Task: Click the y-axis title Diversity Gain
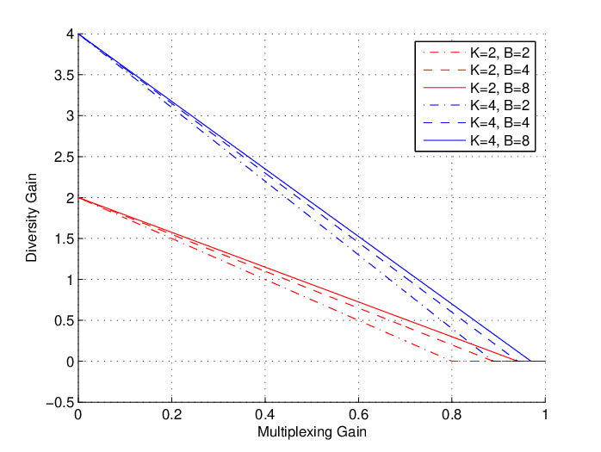[32, 217]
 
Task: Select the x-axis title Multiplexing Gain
[312, 431]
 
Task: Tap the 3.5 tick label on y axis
[64, 75]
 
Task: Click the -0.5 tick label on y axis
[59, 403]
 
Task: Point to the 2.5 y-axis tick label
[64, 157]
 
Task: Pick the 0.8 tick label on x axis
[451, 415]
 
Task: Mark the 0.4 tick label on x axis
[265, 415]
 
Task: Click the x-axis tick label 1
[545, 415]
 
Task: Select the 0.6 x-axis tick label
[358, 415]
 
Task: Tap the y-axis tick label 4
[70, 34]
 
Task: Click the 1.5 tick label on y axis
[64, 238]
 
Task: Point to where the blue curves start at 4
[78, 34]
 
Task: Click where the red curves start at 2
[78, 198]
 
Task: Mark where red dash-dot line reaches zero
[451, 361]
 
